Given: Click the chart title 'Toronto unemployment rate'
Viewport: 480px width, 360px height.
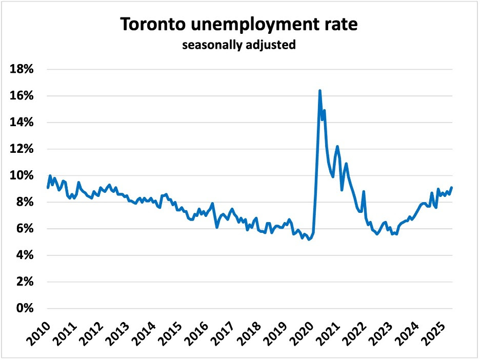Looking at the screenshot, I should (x=239, y=25).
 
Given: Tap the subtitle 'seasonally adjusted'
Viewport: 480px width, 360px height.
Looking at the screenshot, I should (x=239, y=45).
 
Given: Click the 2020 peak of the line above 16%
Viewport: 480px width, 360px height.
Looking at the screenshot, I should (x=320, y=91).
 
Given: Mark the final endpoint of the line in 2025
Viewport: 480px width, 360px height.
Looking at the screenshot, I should (x=452, y=187).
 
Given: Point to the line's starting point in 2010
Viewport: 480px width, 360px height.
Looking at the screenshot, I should (x=48, y=187).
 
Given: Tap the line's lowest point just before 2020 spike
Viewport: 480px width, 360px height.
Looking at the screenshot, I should (x=309, y=239).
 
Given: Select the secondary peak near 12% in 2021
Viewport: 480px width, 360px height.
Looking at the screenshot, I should (x=337, y=146).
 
